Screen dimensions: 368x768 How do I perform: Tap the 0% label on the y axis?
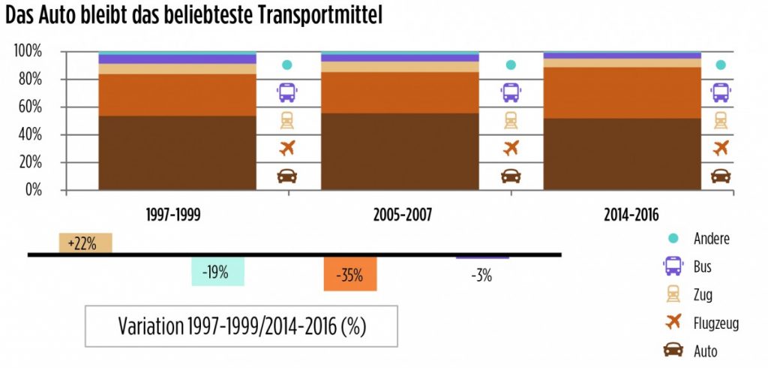(34, 190)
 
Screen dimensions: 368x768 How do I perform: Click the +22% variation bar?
(85, 243)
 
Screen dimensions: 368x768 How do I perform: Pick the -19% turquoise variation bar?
(217, 271)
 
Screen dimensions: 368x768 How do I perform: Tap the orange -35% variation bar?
(350, 273)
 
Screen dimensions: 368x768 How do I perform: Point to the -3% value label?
(481, 275)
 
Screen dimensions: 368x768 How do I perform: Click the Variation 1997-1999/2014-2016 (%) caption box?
(241, 327)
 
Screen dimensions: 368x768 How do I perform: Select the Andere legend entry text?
(712, 239)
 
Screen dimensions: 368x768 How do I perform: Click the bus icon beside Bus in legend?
(672, 267)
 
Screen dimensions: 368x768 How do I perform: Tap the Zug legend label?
(703, 294)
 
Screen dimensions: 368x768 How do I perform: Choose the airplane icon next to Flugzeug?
(672, 322)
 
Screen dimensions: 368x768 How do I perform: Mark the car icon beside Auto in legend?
(672, 350)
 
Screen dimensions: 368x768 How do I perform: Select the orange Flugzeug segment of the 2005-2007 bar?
(400, 92)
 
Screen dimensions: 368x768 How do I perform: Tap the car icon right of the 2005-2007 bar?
(511, 176)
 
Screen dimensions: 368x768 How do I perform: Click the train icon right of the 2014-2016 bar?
(721, 120)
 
